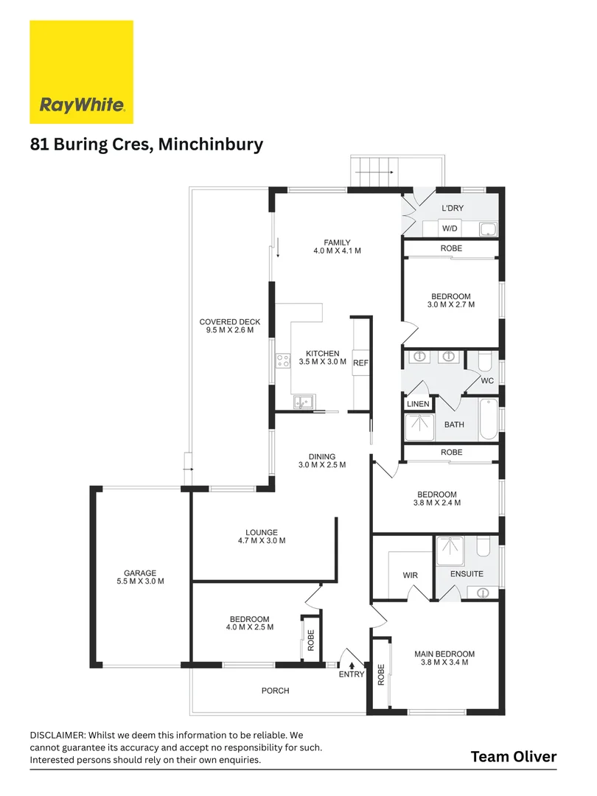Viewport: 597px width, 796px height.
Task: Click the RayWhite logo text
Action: click(x=82, y=105)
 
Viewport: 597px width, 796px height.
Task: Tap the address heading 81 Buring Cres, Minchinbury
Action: click(x=147, y=144)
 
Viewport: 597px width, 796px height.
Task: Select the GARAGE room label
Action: click(x=140, y=573)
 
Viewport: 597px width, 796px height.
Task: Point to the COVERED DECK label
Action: click(x=230, y=322)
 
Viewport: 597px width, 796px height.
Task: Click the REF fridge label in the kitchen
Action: click(x=360, y=363)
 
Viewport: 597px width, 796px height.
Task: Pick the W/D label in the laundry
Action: click(x=450, y=228)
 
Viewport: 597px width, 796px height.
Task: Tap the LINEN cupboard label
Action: click(x=418, y=404)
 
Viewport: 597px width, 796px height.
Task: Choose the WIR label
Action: click(x=411, y=575)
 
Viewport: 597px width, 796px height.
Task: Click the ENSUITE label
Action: click(x=467, y=573)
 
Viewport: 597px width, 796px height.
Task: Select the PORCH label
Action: click(x=275, y=691)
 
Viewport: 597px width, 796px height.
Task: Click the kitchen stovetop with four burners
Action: click(x=283, y=361)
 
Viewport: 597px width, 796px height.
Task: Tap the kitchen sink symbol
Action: click(x=304, y=402)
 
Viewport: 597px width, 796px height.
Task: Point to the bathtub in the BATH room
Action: click(x=489, y=419)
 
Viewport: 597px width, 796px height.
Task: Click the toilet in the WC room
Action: click(x=485, y=360)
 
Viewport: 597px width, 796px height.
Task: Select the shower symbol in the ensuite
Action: click(x=450, y=551)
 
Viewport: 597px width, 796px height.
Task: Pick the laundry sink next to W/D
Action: click(x=488, y=229)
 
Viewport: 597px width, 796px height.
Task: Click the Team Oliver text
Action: click(x=514, y=757)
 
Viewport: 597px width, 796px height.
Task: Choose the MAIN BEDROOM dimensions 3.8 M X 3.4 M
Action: click(x=444, y=662)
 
